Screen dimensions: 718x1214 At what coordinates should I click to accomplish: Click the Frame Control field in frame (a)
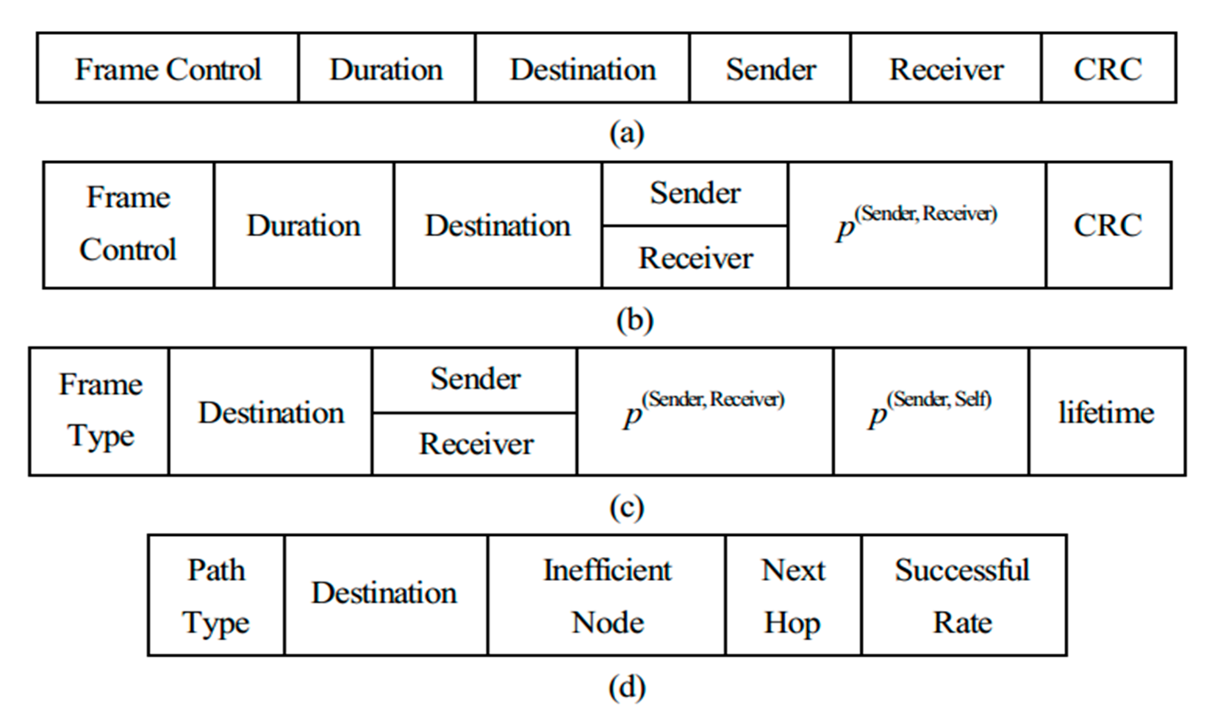point(167,68)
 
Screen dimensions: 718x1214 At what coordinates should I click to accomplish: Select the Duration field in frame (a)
point(386,68)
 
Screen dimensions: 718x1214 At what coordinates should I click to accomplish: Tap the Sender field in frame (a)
point(770,68)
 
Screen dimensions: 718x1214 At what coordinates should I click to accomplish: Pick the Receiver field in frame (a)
point(946,68)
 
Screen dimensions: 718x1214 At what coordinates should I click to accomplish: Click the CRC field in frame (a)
point(1108,68)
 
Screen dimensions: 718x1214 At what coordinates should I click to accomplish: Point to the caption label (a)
point(627,132)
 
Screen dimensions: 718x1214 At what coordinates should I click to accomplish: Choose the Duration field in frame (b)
point(303,225)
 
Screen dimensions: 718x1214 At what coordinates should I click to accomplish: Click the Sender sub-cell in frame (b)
point(695,193)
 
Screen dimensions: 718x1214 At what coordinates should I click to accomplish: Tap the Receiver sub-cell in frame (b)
point(695,257)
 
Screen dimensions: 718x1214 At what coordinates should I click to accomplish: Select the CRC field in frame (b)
point(1108,225)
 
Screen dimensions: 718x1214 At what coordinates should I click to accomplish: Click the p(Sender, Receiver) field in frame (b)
point(916,225)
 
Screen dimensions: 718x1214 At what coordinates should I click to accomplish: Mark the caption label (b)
point(635,320)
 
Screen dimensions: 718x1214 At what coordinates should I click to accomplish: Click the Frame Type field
point(100,411)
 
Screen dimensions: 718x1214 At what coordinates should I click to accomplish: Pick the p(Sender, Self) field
point(931,411)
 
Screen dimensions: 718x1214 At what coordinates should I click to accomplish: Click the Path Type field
point(216,595)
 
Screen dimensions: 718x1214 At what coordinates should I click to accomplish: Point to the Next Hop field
point(793,595)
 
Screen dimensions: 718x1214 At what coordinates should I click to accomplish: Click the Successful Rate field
point(963,595)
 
